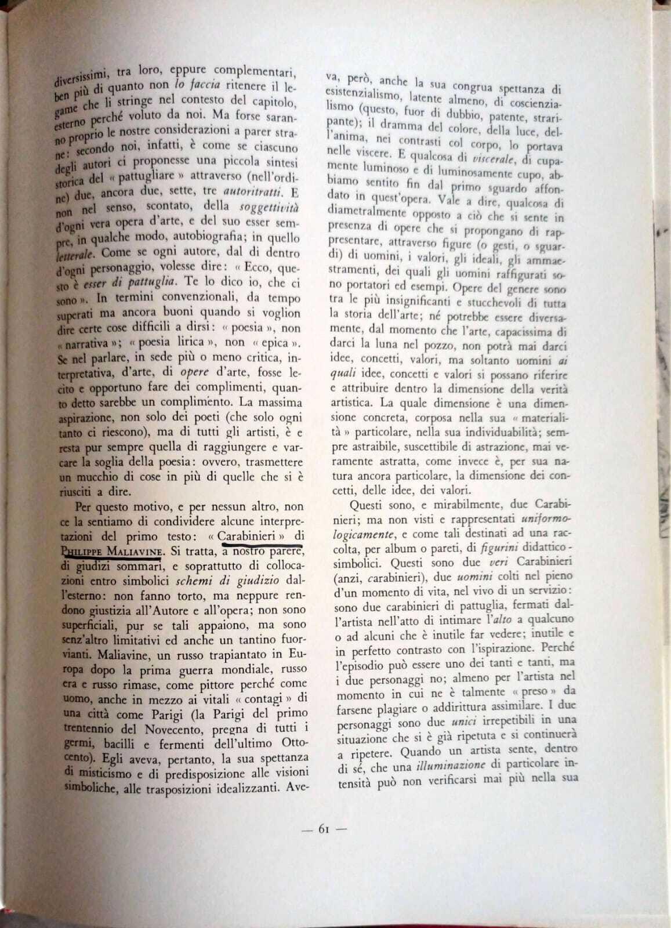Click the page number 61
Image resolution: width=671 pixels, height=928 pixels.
tap(324, 829)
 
